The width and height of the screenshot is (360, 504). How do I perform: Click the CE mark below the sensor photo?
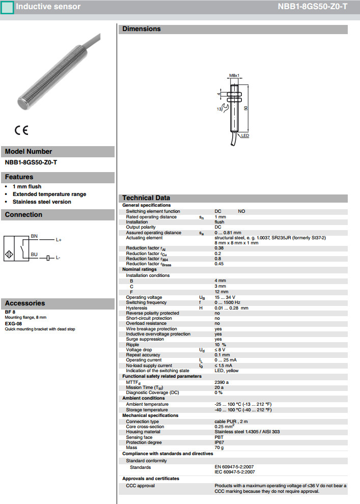21,130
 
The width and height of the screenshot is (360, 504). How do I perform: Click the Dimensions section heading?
141,29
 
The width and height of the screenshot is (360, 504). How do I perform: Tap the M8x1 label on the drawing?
234,75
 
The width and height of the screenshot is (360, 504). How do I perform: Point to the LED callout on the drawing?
245,136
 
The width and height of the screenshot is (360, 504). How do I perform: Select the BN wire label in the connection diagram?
34,236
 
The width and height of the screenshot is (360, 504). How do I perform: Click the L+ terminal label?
59,240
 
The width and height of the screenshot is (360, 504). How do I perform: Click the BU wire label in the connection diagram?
34,254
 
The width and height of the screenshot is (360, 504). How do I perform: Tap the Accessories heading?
25,303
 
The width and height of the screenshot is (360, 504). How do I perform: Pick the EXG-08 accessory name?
13,324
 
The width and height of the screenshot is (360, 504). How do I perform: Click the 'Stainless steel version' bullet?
42,202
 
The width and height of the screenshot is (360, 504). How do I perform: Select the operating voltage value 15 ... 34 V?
225,297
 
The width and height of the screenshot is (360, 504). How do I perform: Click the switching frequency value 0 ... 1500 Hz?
227,302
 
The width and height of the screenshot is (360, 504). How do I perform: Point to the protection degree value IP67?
219,442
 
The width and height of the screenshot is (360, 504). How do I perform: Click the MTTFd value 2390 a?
221,382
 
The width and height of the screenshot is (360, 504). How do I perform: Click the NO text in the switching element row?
241,211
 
